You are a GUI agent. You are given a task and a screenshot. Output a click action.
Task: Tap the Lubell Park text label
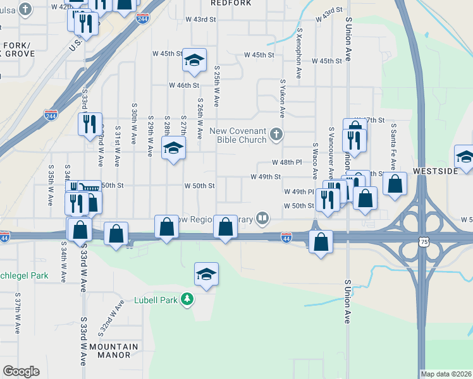pos(155,300)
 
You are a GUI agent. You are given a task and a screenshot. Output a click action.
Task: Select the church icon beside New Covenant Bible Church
pos(275,133)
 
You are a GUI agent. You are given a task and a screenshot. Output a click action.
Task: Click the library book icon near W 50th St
pos(262,219)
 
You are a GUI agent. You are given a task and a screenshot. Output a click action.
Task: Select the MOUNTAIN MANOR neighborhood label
pos(113,351)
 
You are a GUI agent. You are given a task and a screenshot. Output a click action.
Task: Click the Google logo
pos(21,371)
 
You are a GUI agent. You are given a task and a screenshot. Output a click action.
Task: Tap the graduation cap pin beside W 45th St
pos(194,61)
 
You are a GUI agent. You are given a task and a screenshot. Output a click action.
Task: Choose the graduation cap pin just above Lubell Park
pos(206,274)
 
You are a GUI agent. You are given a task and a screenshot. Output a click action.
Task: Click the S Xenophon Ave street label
pos(298,57)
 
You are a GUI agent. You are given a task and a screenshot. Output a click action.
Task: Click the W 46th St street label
pos(183,85)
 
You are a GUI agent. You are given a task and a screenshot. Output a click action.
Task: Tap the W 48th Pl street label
pos(283,162)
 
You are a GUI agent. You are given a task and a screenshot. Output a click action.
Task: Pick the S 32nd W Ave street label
pos(111,320)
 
